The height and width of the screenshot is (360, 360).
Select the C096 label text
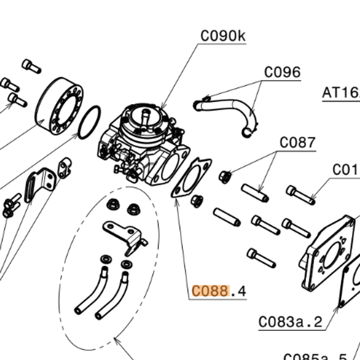(x=282, y=73)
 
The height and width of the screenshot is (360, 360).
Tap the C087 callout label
(x=298, y=142)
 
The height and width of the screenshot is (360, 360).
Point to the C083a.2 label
(x=291, y=322)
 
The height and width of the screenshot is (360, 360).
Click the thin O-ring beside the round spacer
(x=89, y=123)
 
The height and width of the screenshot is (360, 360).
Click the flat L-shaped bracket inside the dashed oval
(x=124, y=233)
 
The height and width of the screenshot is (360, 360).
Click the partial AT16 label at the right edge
(x=341, y=93)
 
